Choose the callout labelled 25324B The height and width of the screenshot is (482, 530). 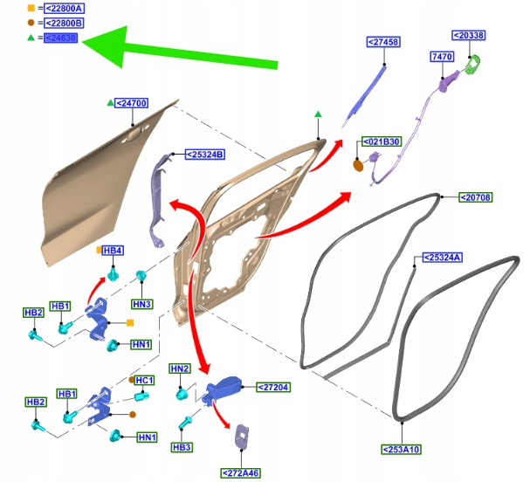point(205,155)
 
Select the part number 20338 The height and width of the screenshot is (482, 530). point(468,36)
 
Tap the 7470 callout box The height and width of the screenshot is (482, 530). point(442,57)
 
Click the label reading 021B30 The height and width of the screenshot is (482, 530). point(382,141)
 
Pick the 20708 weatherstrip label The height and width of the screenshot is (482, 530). point(475,197)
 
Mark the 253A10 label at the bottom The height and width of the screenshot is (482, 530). point(401,450)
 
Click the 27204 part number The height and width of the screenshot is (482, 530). point(272,386)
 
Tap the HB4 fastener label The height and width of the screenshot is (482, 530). point(113,251)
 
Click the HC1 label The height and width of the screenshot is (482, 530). point(144,381)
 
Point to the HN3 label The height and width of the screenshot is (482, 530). point(141,304)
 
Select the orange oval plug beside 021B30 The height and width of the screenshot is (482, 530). point(358,163)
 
